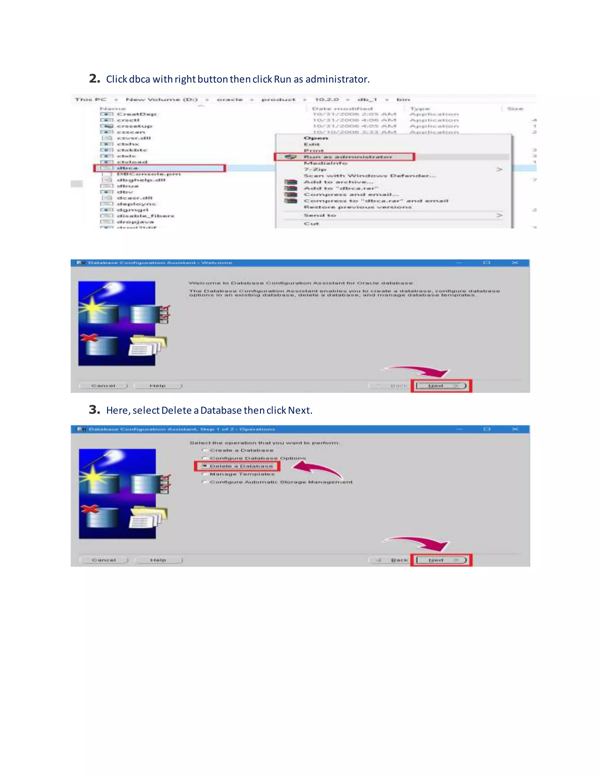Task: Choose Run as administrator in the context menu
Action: [347, 157]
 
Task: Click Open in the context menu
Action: [315, 138]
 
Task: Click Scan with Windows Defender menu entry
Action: [369, 176]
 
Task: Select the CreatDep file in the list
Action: [136, 114]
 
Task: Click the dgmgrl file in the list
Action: [132, 210]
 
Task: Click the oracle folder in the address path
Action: [230, 100]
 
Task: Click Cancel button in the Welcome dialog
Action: [103, 386]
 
